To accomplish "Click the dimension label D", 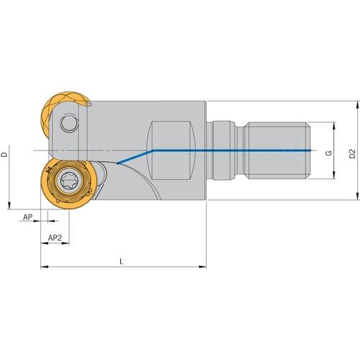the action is point(4,154).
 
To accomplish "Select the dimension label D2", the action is point(352,153).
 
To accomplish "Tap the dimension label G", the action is point(329,153).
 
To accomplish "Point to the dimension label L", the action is point(122,261).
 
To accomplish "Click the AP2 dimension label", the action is point(55,238).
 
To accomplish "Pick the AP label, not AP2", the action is point(27,217).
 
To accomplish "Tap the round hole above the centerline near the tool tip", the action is point(70,124).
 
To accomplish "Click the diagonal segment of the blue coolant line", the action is point(135,157).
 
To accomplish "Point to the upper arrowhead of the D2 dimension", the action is point(358,104).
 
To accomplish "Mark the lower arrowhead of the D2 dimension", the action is point(358,197).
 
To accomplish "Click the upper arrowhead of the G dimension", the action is point(334,125).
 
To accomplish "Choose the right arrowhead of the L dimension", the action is point(203,266).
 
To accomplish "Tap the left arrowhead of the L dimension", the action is point(45,266).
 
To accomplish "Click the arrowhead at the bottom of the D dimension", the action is point(9,206).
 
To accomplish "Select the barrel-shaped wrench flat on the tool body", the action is point(172,150).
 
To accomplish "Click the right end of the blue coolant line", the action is point(310,150).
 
